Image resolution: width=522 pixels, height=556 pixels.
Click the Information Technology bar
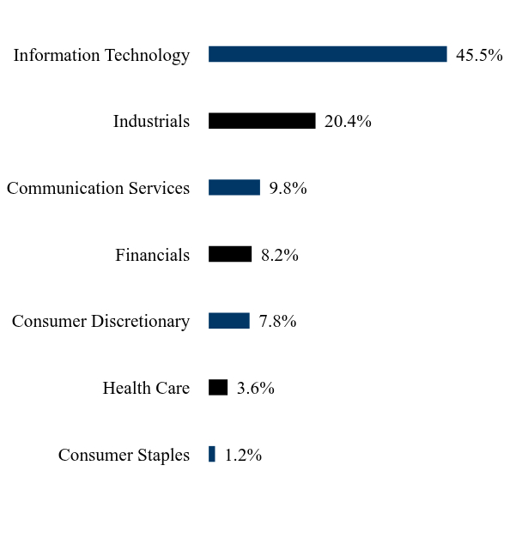point(327,54)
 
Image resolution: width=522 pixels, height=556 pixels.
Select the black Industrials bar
point(262,121)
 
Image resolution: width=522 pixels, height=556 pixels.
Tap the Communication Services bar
point(234,188)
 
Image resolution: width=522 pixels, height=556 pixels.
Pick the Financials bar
point(230,254)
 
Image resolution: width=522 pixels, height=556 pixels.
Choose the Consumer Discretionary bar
point(229,321)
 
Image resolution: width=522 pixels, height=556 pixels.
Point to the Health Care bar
point(218,388)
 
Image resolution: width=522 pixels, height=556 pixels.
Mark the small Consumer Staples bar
point(212,454)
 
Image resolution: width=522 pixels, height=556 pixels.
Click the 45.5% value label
point(479,55)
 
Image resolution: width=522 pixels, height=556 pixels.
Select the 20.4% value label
point(348,121)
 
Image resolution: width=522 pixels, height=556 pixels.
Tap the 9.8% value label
point(288,188)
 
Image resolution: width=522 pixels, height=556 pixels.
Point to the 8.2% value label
point(280,255)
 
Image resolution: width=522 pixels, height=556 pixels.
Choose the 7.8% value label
point(277,321)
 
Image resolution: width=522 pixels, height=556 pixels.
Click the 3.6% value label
point(256,388)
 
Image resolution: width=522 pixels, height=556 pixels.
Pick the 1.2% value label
point(244,455)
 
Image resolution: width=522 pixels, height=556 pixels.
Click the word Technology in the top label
point(148,56)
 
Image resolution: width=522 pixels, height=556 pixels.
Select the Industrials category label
point(151,121)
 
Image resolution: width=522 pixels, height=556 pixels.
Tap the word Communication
point(65,188)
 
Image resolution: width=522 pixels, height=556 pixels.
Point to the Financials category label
point(153,255)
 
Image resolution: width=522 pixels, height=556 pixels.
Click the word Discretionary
point(141,322)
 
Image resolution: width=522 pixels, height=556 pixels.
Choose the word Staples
point(164,456)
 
